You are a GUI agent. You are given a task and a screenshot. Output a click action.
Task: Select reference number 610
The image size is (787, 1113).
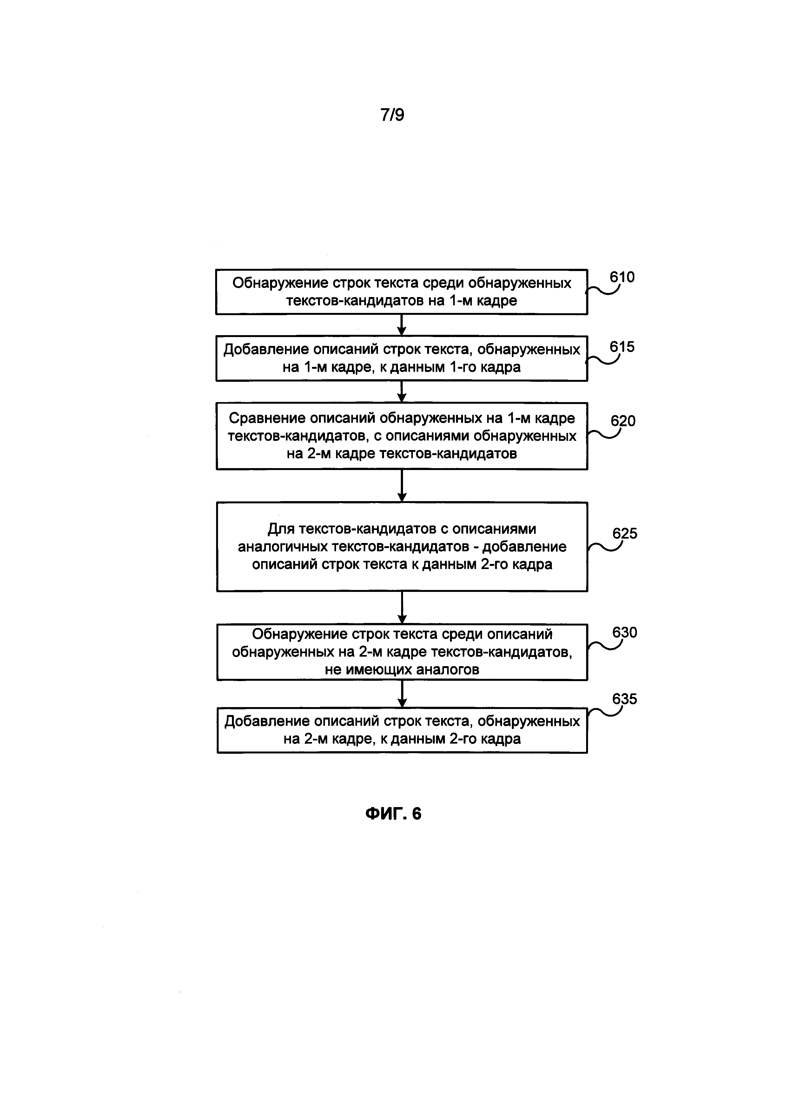click(x=622, y=277)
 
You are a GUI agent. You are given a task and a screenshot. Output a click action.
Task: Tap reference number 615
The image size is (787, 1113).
click(x=622, y=347)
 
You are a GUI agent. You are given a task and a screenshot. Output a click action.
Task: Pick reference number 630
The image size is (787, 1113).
click(x=625, y=633)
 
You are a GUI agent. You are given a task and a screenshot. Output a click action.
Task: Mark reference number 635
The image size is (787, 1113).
click(x=625, y=699)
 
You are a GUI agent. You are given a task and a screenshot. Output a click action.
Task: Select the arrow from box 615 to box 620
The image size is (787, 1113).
click(x=401, y=392)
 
